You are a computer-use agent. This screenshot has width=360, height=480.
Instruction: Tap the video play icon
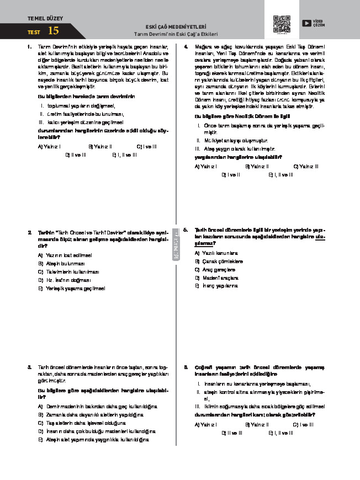click(306, 23)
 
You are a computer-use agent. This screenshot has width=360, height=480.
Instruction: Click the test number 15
click(53, 31)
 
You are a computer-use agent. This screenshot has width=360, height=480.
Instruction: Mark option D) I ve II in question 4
click(231, 174)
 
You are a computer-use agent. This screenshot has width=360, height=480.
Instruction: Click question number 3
click(29, 366)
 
